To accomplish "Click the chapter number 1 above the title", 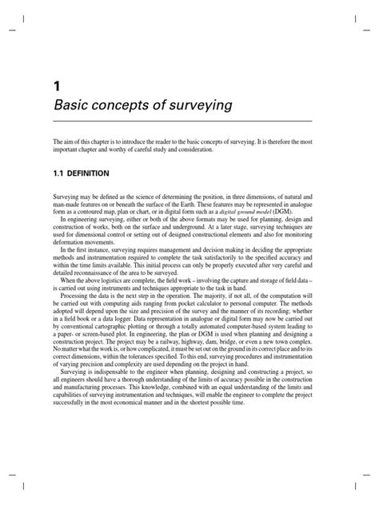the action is click(x=55, y=85).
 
